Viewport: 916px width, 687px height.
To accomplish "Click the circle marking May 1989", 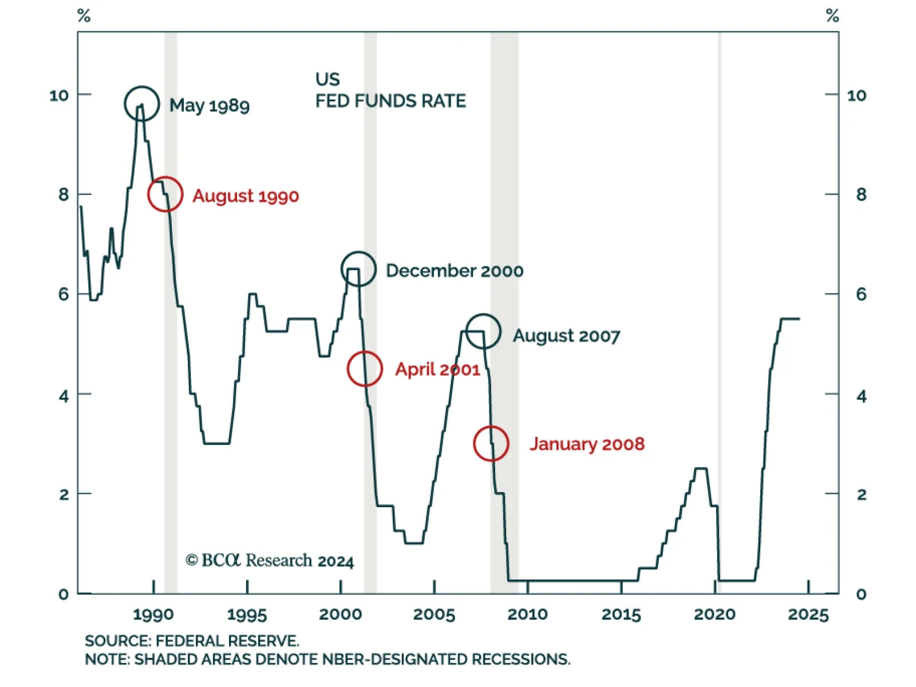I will tap(141, 104).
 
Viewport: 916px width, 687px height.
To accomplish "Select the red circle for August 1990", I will tap(165, 195).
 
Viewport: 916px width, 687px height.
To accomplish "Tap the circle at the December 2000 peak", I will tap(358, 269).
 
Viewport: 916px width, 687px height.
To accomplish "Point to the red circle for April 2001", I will tap(365, 369).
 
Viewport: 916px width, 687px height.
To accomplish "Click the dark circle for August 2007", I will tap(483, 331).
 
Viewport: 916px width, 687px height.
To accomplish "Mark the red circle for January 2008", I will tap(491, 444).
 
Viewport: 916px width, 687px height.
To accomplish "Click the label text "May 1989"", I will tap(210, 105).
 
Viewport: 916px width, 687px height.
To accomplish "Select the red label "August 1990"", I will tap(246, 196).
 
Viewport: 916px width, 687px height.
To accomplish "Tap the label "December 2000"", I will tap(455, 271).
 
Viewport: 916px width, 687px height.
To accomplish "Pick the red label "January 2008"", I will tap(587, 444).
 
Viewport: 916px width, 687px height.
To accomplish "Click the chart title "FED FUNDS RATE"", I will tap(390, 101).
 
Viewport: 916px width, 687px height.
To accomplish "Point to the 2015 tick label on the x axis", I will tap(621, 615).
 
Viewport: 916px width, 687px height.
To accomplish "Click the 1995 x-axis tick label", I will tap(247, 615).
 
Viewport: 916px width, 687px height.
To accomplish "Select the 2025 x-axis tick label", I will tap(808, 615).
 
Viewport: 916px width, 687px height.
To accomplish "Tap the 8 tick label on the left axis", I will tap(64, 195).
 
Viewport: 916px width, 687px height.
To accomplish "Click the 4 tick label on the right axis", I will tap(861, 396).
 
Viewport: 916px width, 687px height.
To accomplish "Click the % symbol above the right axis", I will tap(832, 16).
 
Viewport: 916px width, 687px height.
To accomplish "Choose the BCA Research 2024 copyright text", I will tap(270, 560).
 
